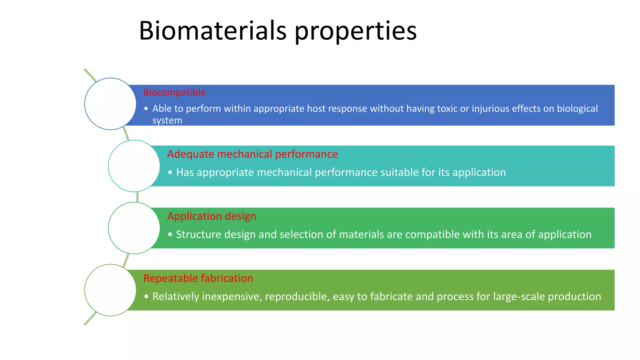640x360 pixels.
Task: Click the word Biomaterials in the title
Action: (212, 31)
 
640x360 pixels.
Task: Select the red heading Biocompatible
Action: (174, 92)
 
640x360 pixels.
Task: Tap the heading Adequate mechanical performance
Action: (252, 154)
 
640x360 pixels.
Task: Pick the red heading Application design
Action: (212, 216)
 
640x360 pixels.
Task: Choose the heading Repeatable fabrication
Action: (198, 278)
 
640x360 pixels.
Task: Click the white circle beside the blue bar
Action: (110, 104)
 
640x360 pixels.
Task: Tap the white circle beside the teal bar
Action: (134, 166)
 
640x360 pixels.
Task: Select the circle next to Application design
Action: (134, 228)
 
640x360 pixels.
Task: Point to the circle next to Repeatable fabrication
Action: (110, 290)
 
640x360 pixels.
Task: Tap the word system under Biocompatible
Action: (167, 121)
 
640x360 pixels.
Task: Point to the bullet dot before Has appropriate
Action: (170, 172)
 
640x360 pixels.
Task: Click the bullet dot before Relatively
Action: (146, 297)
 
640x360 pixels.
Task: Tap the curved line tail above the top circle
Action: (90, 75)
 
